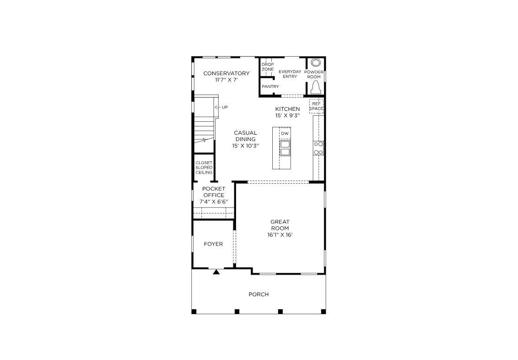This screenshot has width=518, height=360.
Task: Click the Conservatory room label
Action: pos(227,73)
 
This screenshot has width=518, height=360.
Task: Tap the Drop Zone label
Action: pos(268,67)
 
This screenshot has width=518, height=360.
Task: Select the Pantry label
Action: pos(270,87)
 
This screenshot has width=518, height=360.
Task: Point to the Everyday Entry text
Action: pos(290,74)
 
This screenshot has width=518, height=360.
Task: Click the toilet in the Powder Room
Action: pos(316,87)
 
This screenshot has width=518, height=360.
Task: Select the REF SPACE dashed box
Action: pos(316,106)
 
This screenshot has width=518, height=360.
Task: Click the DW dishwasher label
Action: pos(285,134)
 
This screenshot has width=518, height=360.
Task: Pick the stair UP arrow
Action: pos(218,107)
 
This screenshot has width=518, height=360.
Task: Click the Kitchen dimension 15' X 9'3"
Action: pos(287,116)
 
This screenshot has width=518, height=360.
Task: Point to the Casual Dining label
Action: pos(245,136)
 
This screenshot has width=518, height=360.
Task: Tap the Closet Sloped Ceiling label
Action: pos(204,168)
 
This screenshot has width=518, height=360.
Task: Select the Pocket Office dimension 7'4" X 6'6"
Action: pos(214,202)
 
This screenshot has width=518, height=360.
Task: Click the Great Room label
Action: pos(280,225)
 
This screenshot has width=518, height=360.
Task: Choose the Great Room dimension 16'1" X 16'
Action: pos(280,235)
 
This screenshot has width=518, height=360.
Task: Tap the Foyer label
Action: pos(213,244)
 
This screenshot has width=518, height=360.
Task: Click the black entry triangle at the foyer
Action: pos(216,272)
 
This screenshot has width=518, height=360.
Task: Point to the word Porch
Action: pos(259,294)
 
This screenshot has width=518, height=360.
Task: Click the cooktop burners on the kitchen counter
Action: pos(318,148)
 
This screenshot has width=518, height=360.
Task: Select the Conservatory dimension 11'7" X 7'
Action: pos(227,80)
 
